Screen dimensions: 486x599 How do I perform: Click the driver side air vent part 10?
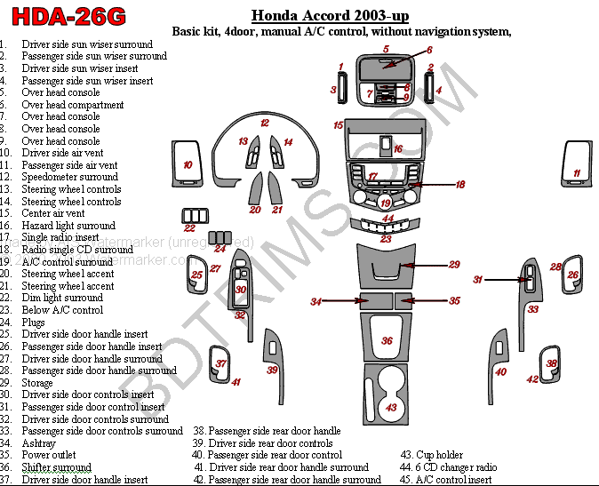pyautogui.click(x=188, y=164)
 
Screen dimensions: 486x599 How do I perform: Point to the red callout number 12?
pyautogui.click(x=264, y=123)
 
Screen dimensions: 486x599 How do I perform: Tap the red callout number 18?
pyautogui.click(x=460, y=185)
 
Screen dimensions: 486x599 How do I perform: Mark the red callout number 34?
pyautogui.click(x=315, y=302)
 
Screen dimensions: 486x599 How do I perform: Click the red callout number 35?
pyautogui.click(x=454, y=301)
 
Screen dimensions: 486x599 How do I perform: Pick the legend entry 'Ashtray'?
pyautogui.click(x=39, y=442)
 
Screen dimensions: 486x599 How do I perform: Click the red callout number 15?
pyautogui.click(x=338, y=125)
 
